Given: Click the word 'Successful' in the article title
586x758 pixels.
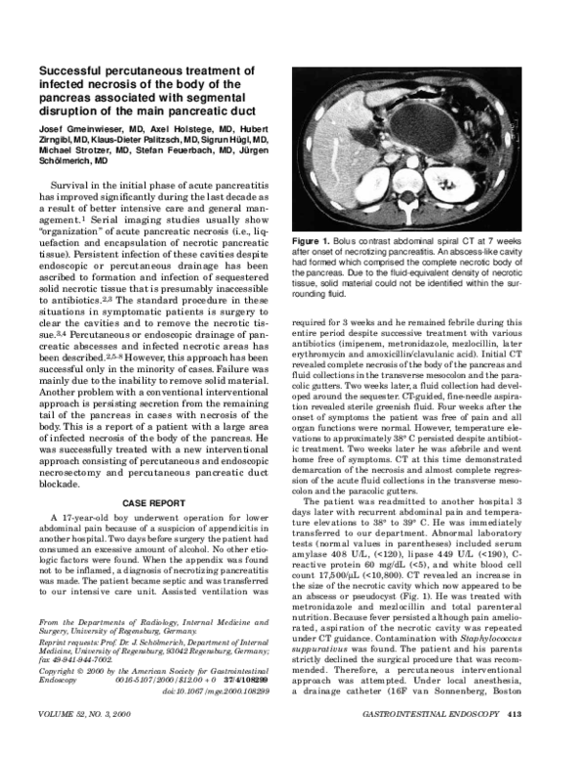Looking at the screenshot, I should (71, 71).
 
